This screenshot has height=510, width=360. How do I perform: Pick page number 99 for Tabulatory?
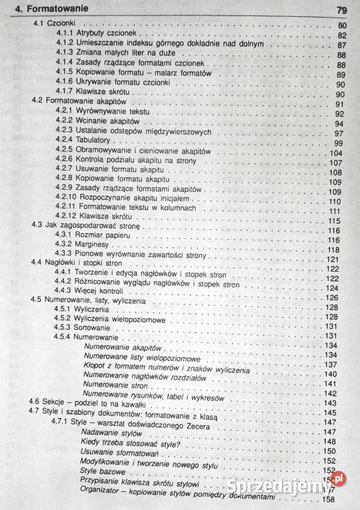point(338,143)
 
